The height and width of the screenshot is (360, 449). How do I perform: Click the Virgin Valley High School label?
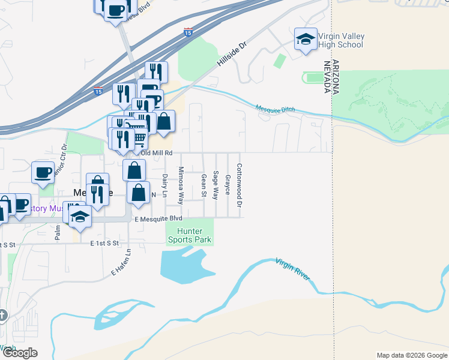341,40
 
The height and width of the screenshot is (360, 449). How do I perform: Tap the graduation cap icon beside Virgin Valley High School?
305,40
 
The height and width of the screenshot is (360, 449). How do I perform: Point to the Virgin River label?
293,270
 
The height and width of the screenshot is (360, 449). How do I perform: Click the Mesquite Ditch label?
276,110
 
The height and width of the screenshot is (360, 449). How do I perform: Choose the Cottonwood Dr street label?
239,186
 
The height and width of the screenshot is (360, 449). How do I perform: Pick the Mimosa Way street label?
180,186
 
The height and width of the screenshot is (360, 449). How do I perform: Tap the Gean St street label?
203,185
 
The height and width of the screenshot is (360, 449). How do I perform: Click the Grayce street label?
228,184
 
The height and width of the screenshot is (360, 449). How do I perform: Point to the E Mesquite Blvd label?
158,218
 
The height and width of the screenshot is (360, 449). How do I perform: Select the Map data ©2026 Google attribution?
412,355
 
